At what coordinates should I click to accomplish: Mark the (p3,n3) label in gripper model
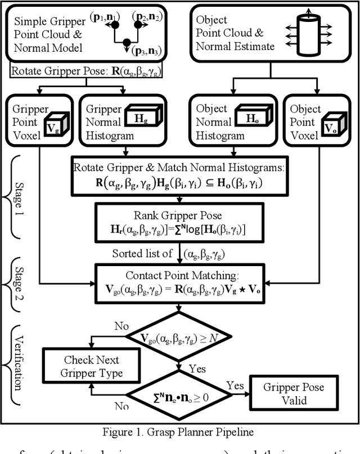point(148,52)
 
